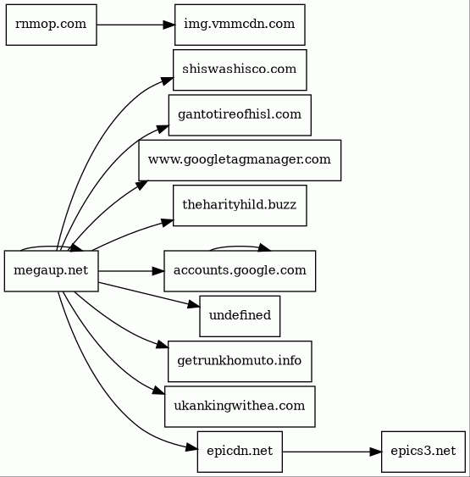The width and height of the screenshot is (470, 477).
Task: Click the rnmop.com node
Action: pyautogui.click(x=52, y=25)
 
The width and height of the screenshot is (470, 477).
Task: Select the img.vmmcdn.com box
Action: pyautogui.click(x=240, y=25)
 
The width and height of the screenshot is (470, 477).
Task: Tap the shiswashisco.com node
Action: pyautogui.click(x=240, y=70)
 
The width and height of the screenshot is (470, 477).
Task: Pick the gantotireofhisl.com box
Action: pyautogui.click(x=240, y=115)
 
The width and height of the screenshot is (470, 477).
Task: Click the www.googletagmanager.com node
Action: pyautogui.click(x=240, y=160)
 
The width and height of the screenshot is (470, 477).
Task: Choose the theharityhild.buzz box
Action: pyautogui.click(x=240, y=206)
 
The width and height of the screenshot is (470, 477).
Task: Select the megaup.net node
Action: pyautogui.click(x=52, y=271)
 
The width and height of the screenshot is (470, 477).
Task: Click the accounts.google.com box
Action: pyautogui.click(x=240, y=271)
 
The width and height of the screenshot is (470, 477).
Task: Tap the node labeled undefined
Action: pyautogui.click(x=240, y=316)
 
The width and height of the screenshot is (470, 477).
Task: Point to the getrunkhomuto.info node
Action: pyautogui.click(x=240, y=362)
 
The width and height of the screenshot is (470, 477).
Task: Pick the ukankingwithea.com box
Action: pyautogui.click(x=240, y=407)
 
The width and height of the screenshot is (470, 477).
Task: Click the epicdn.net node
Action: pyautogui.click(x=240, y=452)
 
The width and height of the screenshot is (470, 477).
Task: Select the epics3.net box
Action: pyautogui.click(x=423, y=452)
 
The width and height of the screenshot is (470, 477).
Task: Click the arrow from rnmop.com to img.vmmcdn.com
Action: pyautogui.click(x=135, y=25)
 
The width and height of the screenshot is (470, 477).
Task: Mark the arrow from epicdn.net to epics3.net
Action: pyautogui.click(x=332, y=452)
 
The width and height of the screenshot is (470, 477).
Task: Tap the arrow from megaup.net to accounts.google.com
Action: pyautogui.click(x=131, y=271)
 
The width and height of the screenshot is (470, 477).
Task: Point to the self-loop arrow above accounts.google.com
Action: pyautogui.click(x=240, y=247)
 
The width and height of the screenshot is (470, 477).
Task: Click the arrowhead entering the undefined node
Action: pyautogui.click(x=194, y=304)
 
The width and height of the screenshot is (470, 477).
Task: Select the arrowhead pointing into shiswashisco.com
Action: pyautogui.click(x=167, y=80)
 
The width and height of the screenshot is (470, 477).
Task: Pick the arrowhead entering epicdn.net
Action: pyautogui.click(x=191, y=447)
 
